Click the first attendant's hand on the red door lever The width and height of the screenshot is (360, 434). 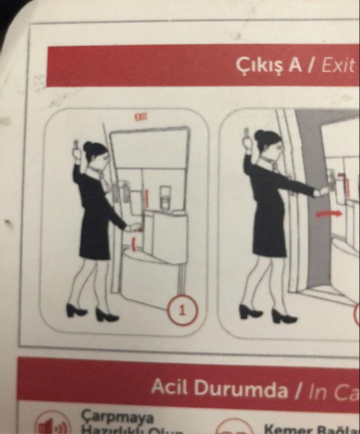131,227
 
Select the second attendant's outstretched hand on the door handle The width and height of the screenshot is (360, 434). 323,190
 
